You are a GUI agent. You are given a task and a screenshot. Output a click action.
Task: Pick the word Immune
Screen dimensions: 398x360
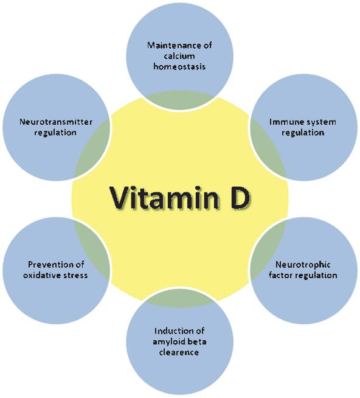tap(286, 122)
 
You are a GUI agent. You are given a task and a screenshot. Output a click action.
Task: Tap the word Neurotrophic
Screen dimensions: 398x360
tap(303, 265)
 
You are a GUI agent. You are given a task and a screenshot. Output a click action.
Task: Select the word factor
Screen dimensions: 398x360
tap(282, 275)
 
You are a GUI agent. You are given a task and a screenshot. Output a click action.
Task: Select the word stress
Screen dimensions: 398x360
tap(75, 275)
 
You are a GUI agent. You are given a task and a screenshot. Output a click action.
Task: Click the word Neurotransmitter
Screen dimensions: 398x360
tap(55, 122)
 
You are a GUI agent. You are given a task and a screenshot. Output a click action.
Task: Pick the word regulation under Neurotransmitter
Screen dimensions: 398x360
tap(55, 132)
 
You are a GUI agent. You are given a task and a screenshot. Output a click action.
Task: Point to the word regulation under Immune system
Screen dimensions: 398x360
tap(303, 132)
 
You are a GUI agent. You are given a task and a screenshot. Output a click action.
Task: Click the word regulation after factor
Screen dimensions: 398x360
tap(316, 275)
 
